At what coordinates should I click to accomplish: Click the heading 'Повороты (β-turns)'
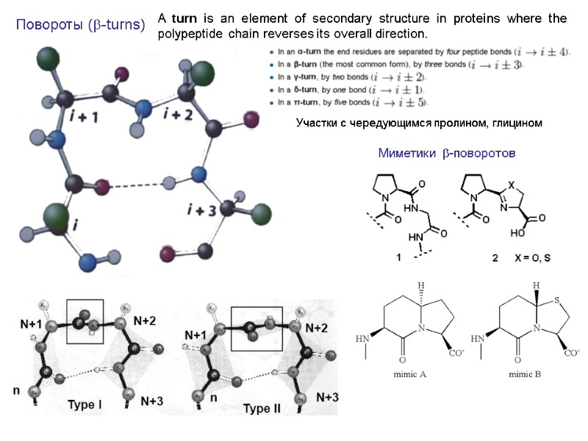tap(81, 26)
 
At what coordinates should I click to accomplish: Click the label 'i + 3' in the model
tap(201, 210)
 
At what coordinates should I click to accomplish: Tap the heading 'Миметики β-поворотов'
tap(447, 153)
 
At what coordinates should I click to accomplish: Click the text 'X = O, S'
tap(532, 258)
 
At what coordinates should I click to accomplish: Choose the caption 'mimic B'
tap(524, 374)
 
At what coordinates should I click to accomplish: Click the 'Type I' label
tap(85, 404)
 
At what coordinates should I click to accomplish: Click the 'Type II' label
tap(262, 408)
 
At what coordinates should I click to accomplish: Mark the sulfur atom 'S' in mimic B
tap(558, 299)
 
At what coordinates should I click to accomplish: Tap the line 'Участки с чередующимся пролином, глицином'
tap(419, 123)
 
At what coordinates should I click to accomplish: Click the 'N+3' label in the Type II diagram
tap(323, 398)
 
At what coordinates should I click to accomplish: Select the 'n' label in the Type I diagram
tap(16, 391)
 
